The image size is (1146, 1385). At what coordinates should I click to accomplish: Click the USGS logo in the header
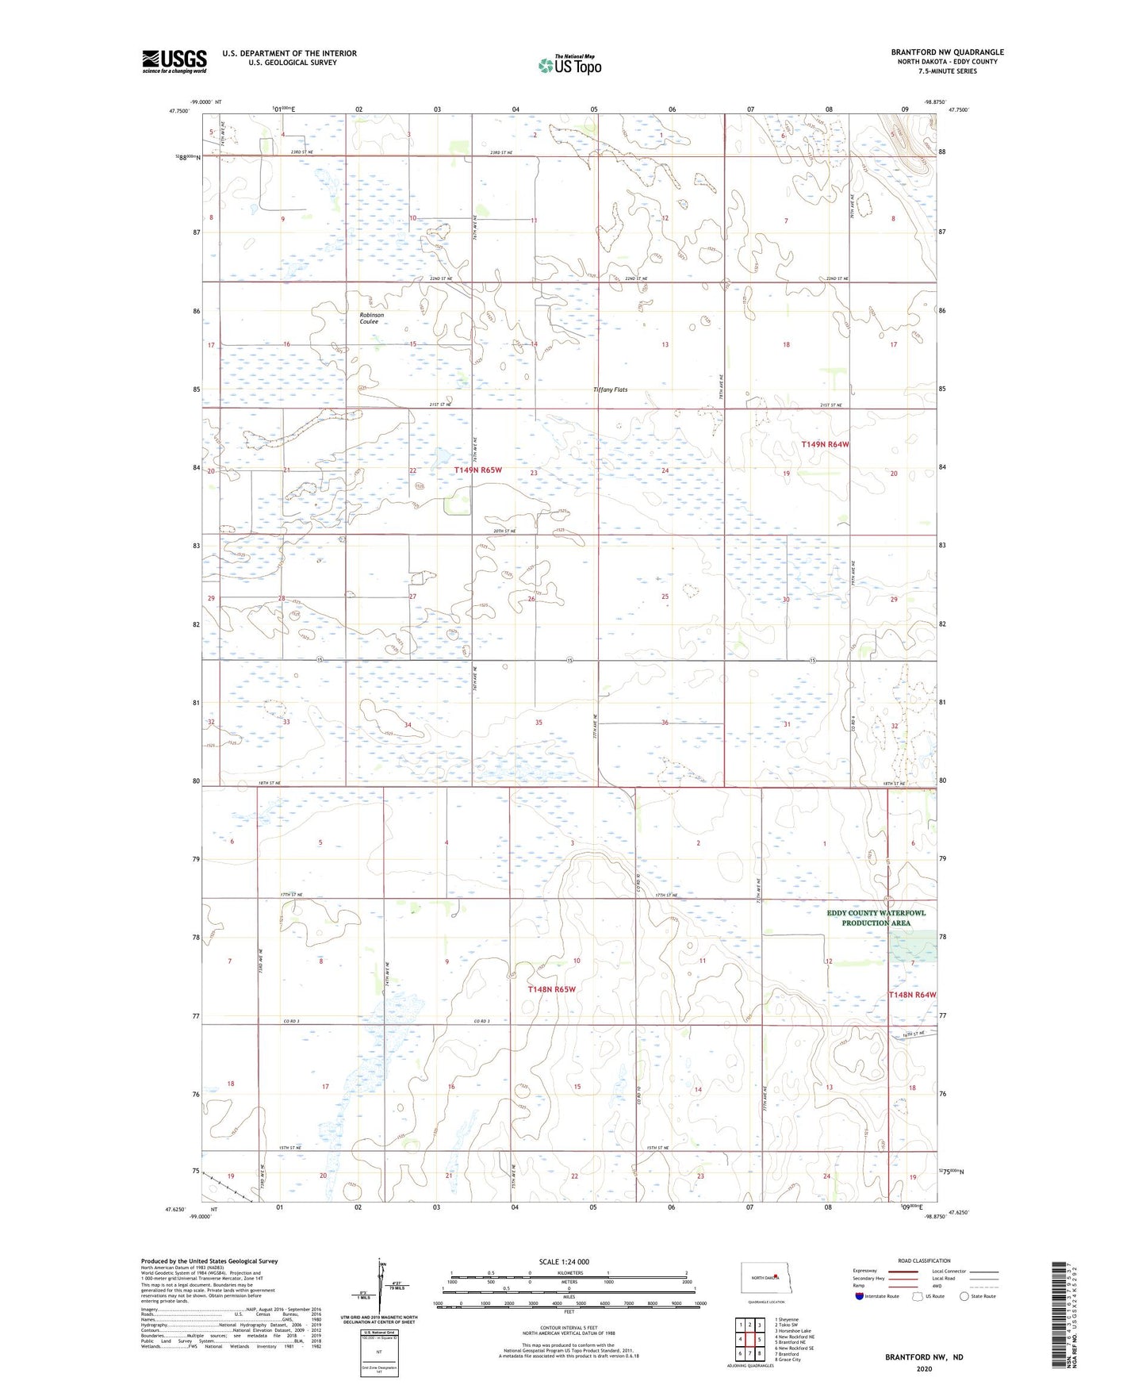point(174,61)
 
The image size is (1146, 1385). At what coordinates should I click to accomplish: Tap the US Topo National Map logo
point(569,64)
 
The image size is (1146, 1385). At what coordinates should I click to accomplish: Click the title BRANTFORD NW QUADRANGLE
point(947,52)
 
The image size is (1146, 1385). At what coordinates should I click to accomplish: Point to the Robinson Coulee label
point(371,318)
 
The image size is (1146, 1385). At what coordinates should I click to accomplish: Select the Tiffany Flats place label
point(611,389)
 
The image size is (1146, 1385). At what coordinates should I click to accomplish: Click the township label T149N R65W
point(478,470)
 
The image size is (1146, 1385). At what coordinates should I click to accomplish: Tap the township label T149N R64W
point(825,445)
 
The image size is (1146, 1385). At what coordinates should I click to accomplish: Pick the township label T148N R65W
point(551,989)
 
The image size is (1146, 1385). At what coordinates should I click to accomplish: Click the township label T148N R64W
point(912,995)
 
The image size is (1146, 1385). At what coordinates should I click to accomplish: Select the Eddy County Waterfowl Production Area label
point(876,918)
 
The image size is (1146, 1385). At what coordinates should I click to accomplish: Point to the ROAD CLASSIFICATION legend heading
point(924,1260)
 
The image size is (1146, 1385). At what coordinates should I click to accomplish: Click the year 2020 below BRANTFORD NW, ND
point(924,1369)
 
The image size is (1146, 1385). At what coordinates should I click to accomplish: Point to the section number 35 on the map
point(539,723)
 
